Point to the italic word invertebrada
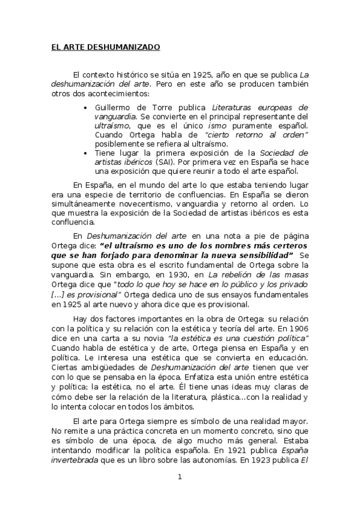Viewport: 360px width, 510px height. click(x=73, y=458)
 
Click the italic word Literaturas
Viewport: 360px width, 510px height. click(x=234, y=107)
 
